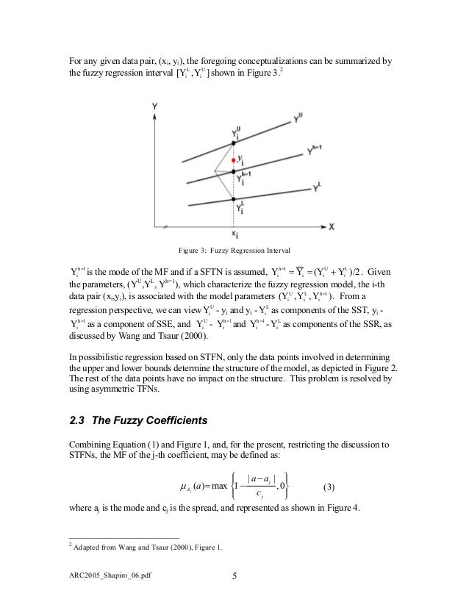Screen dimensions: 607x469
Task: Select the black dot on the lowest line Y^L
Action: pyautogui.click(x=234, y=198)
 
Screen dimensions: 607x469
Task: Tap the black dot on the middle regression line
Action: pyautogui.click(x=234, y=172)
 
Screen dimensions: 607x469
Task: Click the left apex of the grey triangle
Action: pyautogui.click(x=215, y=172)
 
